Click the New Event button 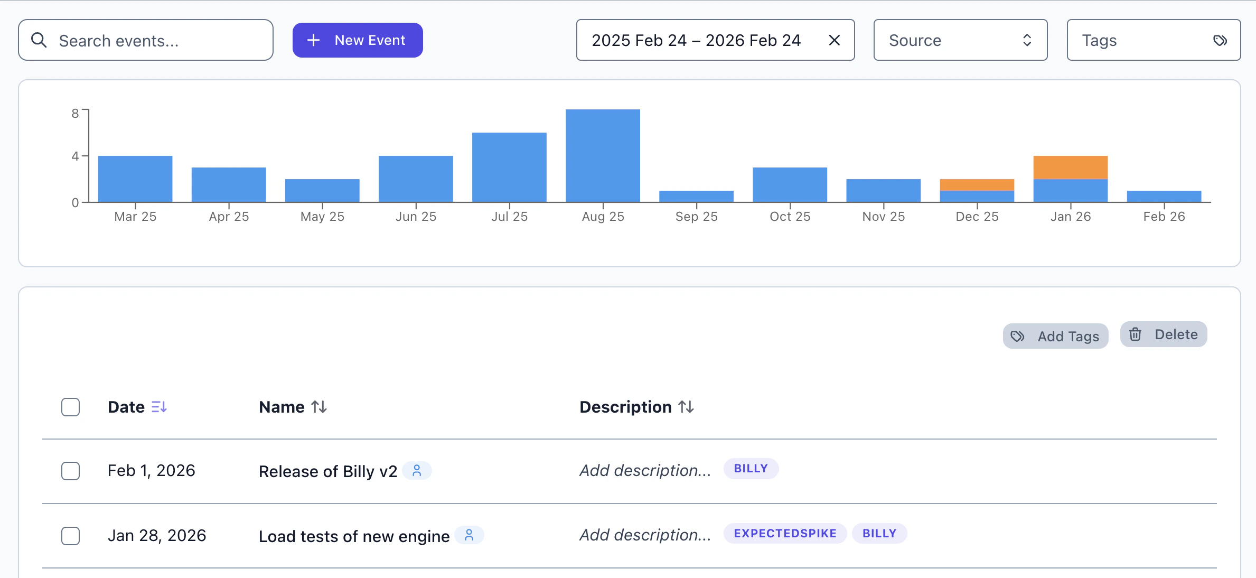(x=358, y=40)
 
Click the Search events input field (x=153, y=41)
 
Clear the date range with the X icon (x=835, y=40)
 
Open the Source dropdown (x=960, y=40)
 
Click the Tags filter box (x=1153, y=40)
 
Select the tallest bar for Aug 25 (x=603, y=156)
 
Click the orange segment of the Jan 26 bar (x=1070, y=167)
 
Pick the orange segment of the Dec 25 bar (x=977, y=185)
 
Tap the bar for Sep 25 (x=696, y=196)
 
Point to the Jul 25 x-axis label (x=509, y=217)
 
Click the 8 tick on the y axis (x=75, y=114)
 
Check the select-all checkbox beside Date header (x=70, y=407)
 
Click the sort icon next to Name (x=319, y=407)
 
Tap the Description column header (x=625, y=407)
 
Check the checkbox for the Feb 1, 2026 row (x=70, y=471)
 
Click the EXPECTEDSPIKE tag (x=785, y=534)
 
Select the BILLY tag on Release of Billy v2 (x=751, y=469)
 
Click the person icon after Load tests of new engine (x=469, y=536)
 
